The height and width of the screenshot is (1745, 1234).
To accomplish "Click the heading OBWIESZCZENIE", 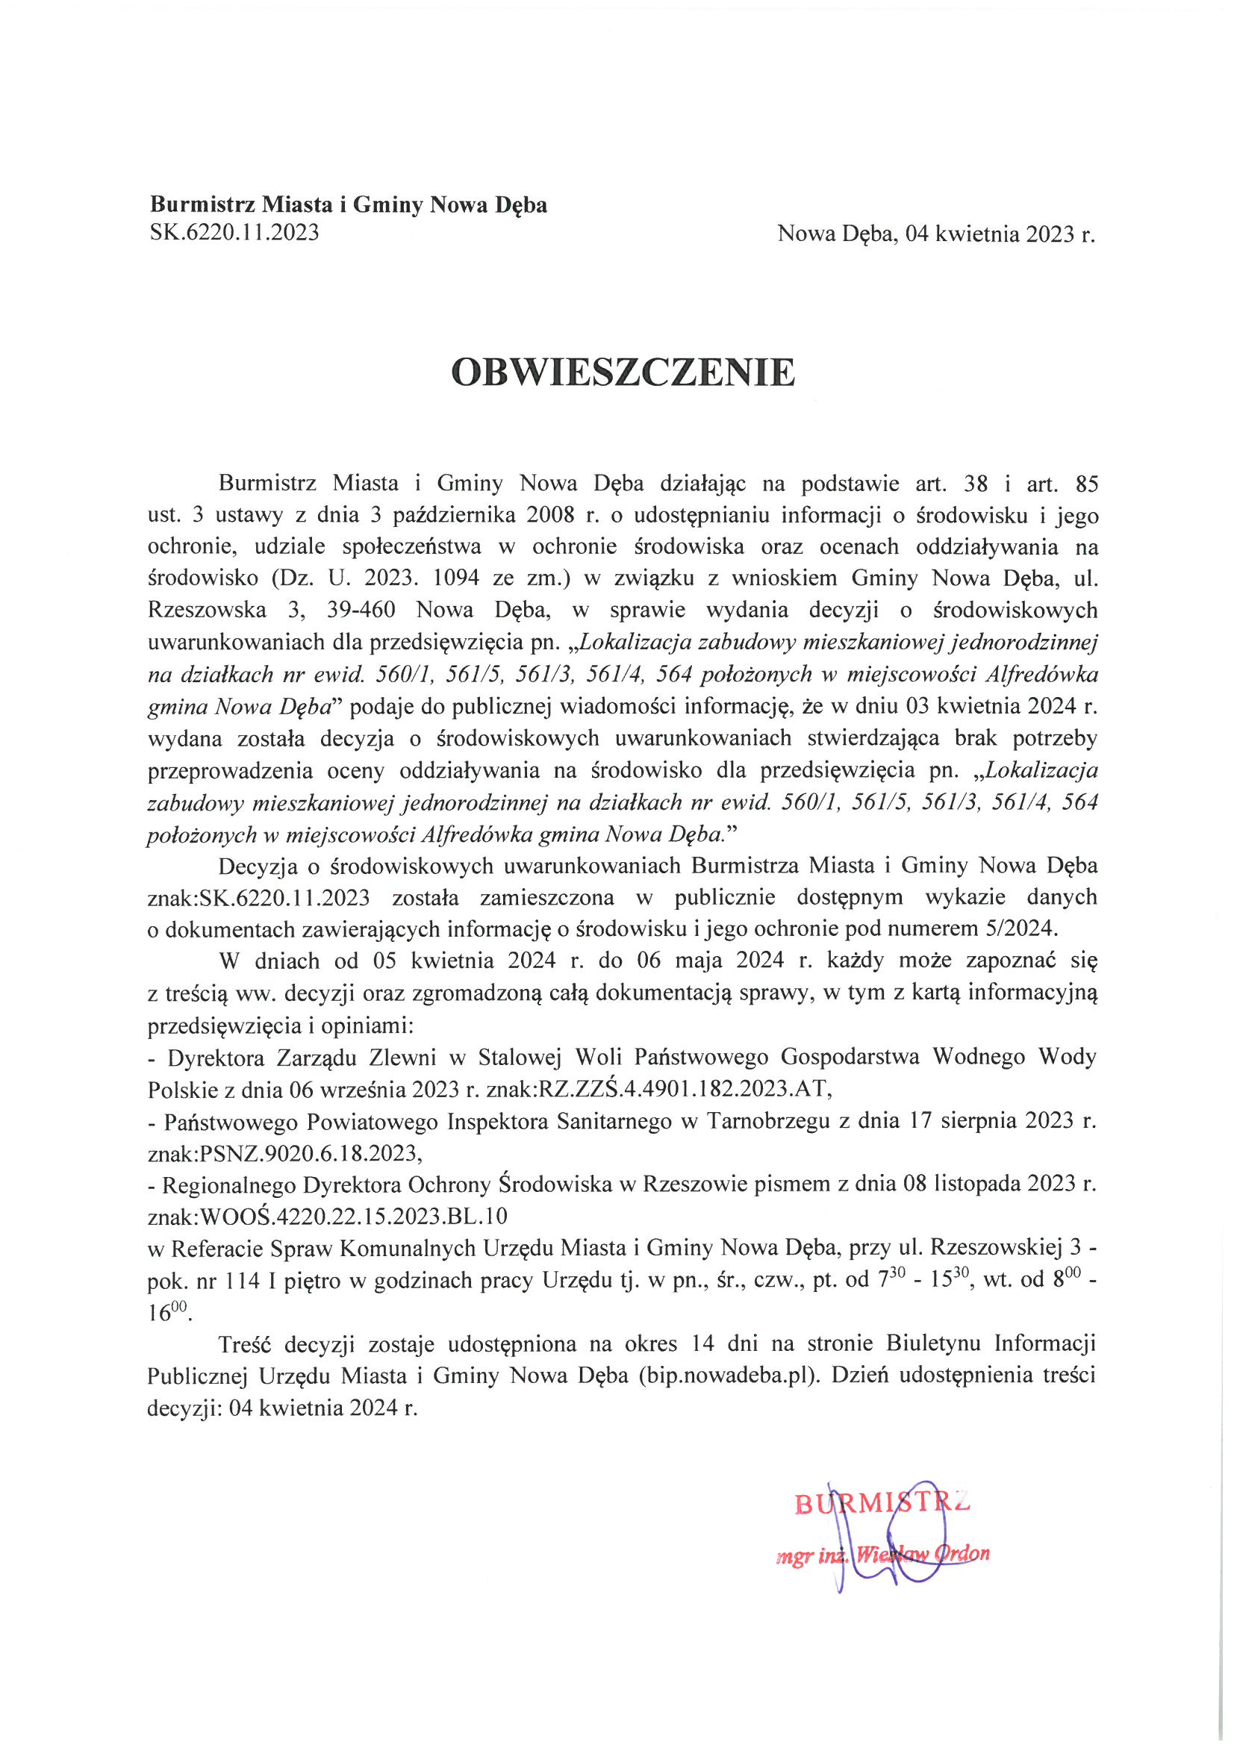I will click(x=623, y=372).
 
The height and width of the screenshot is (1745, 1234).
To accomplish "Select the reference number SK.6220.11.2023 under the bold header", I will click(x=234, y=232).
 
